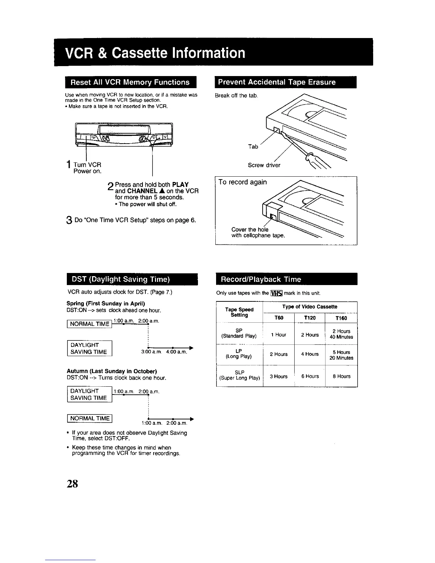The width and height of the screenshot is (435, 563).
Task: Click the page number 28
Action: (x=72, y=484)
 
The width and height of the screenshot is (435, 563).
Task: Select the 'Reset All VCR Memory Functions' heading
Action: (x=130, y=82)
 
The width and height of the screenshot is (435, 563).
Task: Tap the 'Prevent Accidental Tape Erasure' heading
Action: (x=277, y=82)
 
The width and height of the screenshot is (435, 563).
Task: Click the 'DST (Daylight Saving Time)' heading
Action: (x=120, y=279)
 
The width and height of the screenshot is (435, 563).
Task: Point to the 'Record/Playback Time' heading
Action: (x=261, y=279)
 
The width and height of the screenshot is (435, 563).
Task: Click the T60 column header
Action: (x=279, y=318)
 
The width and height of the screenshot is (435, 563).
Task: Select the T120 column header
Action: (x=310, y=318)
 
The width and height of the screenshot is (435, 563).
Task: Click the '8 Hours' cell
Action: (x=342, y=376)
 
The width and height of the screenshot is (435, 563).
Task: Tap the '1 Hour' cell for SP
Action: (x=279, y=335)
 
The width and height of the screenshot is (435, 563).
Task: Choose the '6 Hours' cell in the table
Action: (x=310, y=376)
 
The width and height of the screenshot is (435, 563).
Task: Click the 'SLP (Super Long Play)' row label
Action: (x=240, y=375)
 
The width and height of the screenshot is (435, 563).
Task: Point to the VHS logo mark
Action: (x=276, y=293)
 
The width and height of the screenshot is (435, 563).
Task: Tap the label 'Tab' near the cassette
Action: (x=253, y=146)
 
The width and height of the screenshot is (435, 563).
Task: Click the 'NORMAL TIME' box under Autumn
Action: (x=90, y=418)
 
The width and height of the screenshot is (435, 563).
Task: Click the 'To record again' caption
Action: (x=242, y=182)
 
